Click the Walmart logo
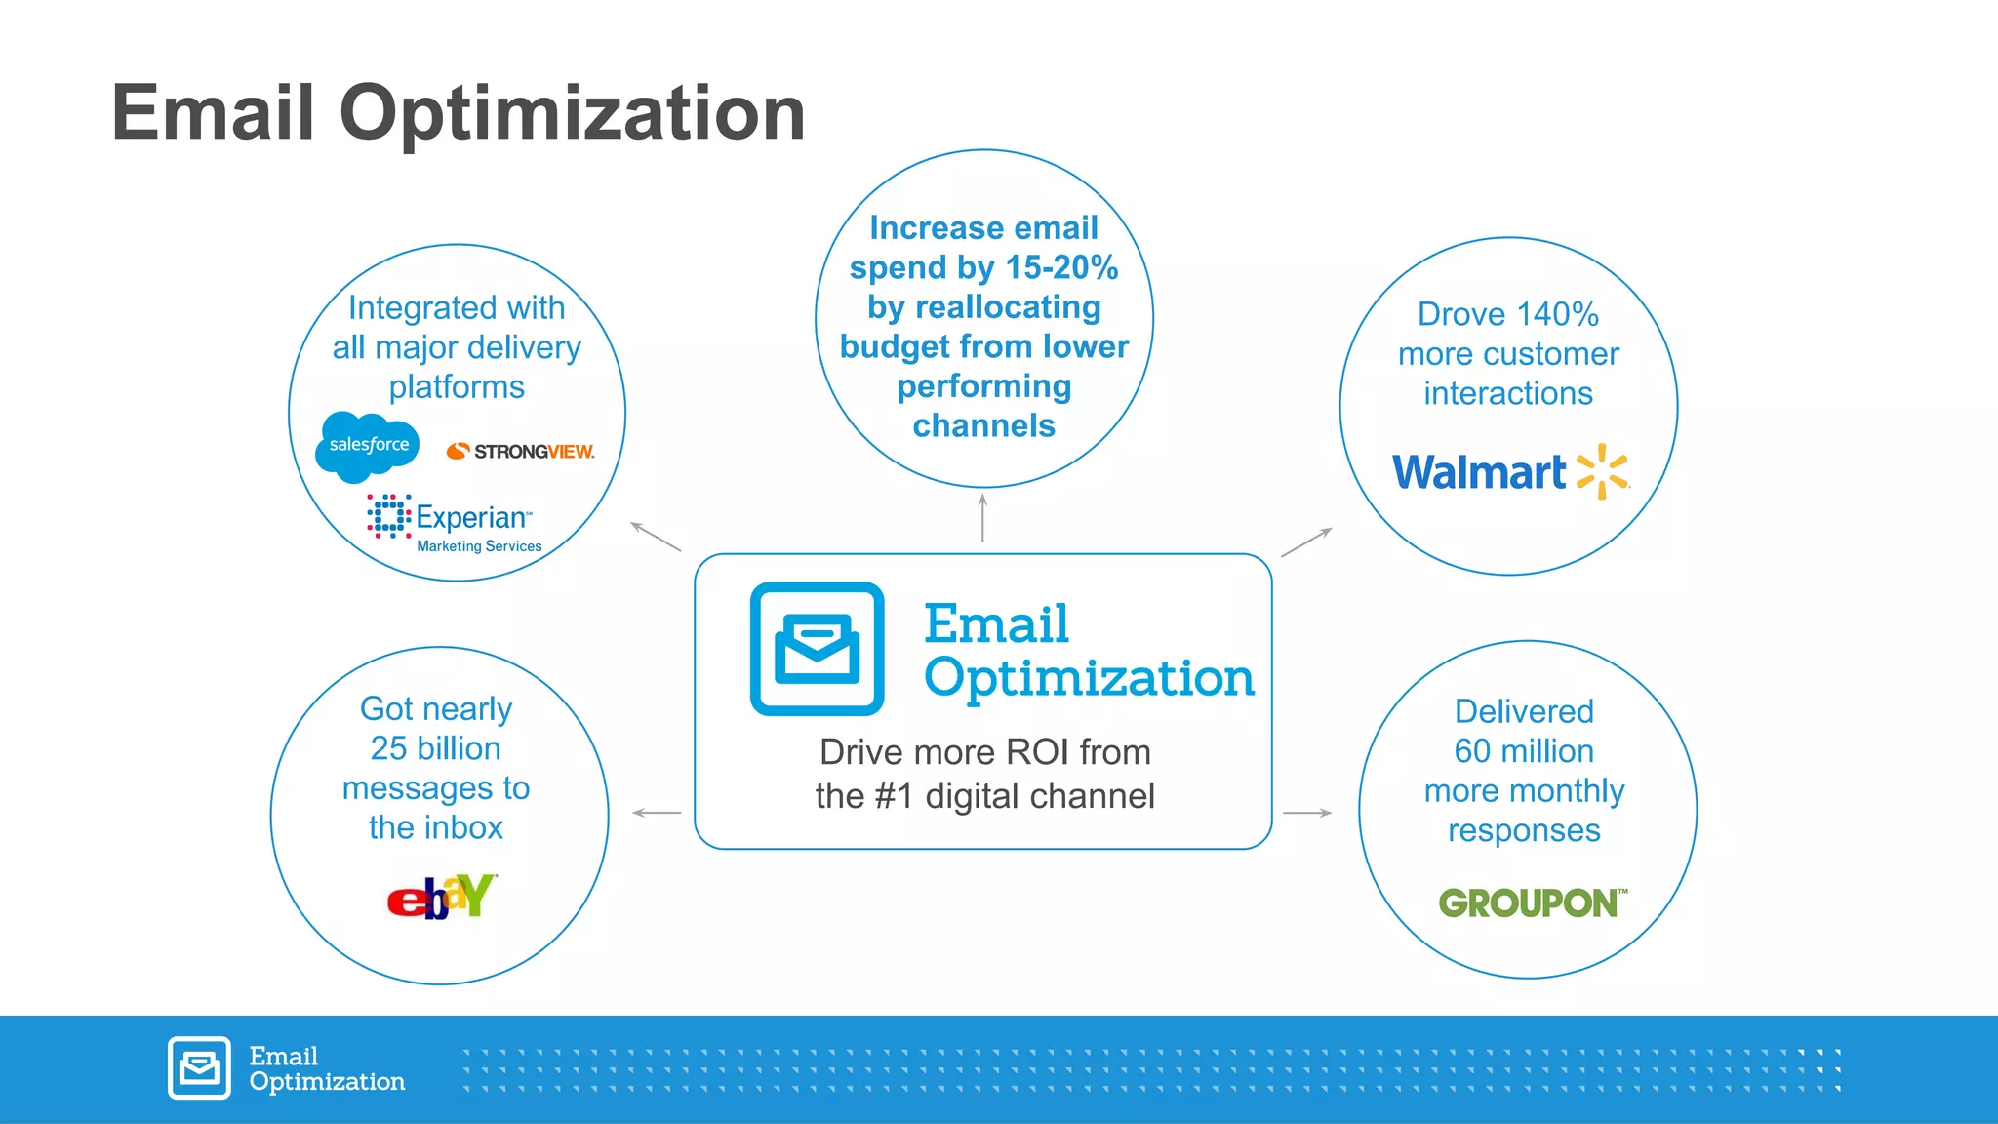point(1509,472)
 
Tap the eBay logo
point(442,897)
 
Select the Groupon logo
point(1532,903)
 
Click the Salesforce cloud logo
point(368,446)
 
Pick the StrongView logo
point(520,451)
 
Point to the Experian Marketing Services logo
point(455,523)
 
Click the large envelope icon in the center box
point(817,649)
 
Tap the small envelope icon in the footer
point(199,1067)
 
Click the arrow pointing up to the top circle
point(982,517)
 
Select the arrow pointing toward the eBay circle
point(657,813)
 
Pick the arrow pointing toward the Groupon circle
point(1307,813)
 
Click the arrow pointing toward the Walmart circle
point(1306,542)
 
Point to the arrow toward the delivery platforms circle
point(656,537)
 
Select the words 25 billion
point(435,748)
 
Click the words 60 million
point(1523,751)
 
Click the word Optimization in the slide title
point(572,113)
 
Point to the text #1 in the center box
point(895,796)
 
